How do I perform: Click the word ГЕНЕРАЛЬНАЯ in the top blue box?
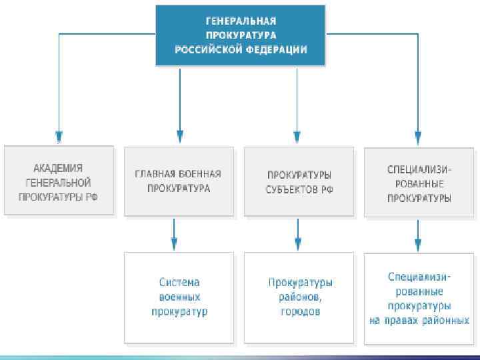pos(240,21)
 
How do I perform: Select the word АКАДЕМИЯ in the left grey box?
pos(59,168)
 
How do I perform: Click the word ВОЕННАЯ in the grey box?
pos(196,174)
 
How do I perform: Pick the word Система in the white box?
pos(179,282)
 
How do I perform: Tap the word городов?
pos(300,311)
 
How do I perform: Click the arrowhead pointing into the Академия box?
pos(59,140)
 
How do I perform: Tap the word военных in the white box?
pos(179,297)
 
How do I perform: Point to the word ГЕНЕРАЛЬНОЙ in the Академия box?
pos(59,182)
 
